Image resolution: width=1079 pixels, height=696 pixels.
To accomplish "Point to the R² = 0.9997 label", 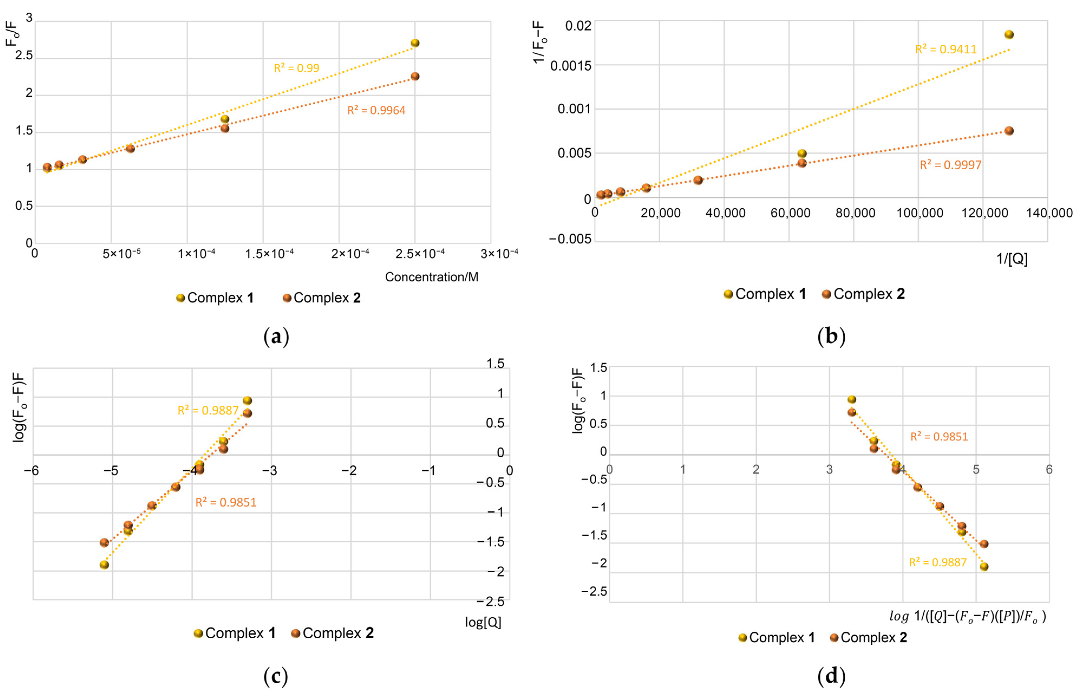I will point(951,165).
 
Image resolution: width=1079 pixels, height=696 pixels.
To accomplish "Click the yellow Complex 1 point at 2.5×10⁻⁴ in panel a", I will point(415,43).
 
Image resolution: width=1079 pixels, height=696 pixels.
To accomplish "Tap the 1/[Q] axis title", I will point(1012,259).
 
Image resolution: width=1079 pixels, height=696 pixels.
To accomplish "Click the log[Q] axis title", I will point(483,623).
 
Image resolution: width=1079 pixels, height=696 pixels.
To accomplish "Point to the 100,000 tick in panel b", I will point(920,213).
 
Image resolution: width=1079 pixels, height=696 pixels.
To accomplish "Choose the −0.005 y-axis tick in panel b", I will point(570,239).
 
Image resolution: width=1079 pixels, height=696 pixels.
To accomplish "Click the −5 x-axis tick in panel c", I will point(111,471).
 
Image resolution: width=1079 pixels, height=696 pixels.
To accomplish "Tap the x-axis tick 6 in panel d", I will point(1049,470).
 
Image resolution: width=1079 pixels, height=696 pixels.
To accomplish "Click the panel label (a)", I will point(276,337).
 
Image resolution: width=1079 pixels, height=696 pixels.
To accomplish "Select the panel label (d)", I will point(831,676).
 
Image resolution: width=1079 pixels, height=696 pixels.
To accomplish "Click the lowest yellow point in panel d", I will point(984,567).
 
